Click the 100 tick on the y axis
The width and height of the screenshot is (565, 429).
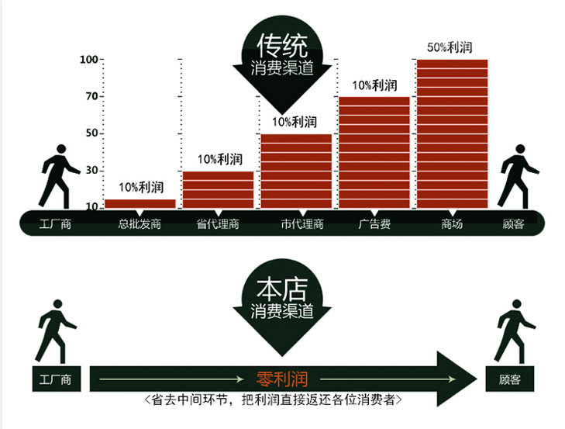click(x=90, y=60)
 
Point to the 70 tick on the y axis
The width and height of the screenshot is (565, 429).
click(x=91, y=97)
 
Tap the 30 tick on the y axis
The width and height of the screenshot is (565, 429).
click(x=91, y=171)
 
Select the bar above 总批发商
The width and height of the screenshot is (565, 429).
click(x=140, y=203)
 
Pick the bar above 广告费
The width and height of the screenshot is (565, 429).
click(x=374, y=152)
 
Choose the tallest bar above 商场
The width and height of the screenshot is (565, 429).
click(x=452, y=133)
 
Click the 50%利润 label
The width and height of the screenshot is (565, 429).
click(x=450, y=47)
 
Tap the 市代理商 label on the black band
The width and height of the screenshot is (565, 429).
click(x=301, y=224)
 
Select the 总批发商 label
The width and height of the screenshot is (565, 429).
click(x=140, y=224)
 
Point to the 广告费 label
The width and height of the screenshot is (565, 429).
click(x=374, y=224)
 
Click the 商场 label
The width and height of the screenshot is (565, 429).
click(x=452, y=224)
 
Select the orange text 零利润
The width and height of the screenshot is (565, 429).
click(x=282, y=379)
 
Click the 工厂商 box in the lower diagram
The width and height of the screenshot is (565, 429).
click(x=55, y=380)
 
